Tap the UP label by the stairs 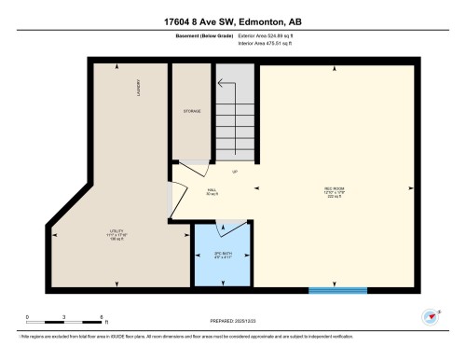point(235,172)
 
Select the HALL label point(212,189)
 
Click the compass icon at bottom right point(432,316)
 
